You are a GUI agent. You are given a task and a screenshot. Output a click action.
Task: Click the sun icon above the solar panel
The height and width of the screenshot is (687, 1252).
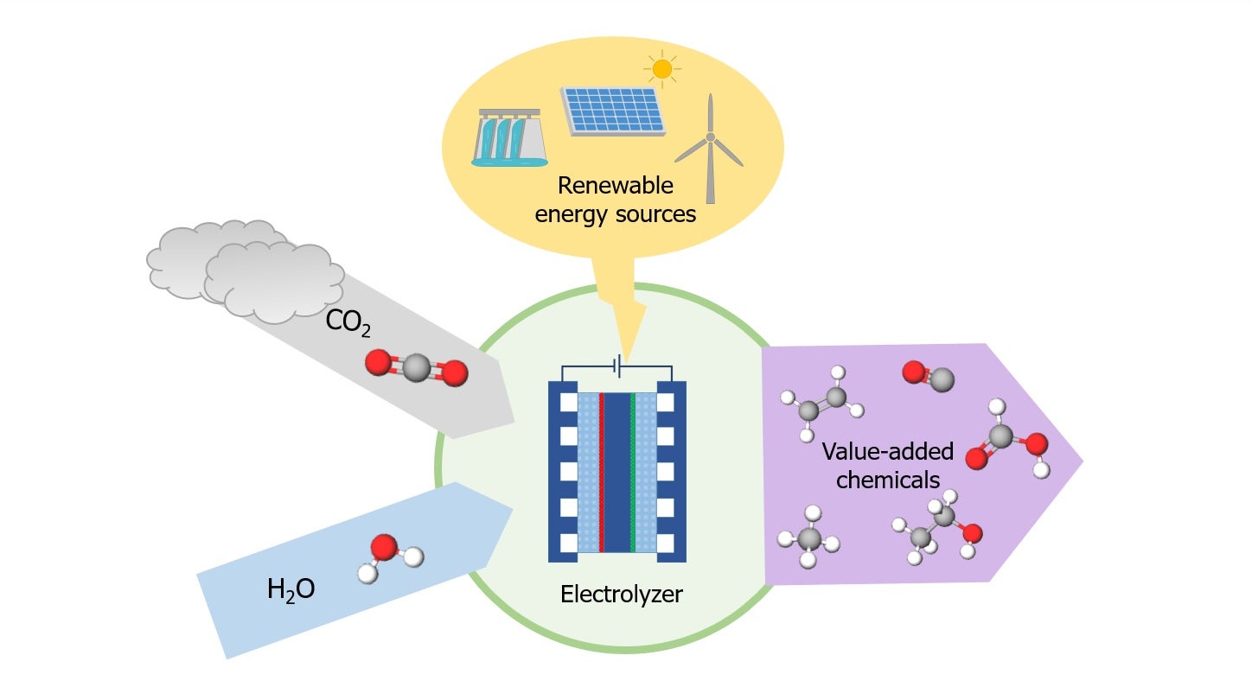pos(662,69)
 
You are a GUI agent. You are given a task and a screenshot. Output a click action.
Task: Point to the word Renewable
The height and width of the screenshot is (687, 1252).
pos(615,186)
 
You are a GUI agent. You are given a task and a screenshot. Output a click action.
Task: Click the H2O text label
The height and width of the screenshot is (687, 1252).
pos(291,591)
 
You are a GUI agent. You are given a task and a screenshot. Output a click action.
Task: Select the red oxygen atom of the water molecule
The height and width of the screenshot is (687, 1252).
pos(383,547)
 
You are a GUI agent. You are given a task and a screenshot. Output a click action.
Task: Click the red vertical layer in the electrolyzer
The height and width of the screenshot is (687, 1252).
pos(601,472)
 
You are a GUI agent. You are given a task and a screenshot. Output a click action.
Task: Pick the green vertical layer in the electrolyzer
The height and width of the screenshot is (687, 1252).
pos(634,472)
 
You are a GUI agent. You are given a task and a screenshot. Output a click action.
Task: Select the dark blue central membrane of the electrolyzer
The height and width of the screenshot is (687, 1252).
pos(617,472)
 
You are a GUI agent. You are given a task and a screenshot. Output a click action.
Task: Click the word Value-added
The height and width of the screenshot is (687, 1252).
pos(887,452)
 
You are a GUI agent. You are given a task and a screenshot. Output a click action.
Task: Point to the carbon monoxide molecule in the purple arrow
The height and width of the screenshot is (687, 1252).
pos(929,376)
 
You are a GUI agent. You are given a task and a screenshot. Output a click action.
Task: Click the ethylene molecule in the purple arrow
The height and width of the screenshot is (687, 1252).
pos(822,400)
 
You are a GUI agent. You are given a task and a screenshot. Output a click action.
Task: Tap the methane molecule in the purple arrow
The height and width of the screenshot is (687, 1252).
pos(809,541)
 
